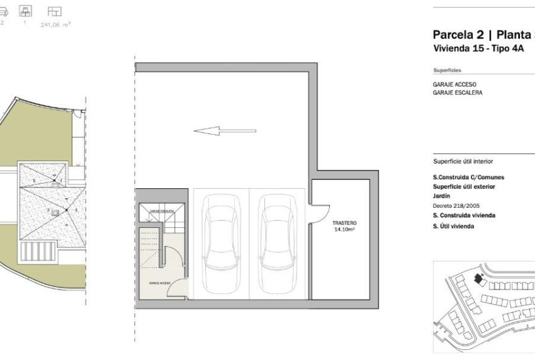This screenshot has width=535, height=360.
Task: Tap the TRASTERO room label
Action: tap(344, 223)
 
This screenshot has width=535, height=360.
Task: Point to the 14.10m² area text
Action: tap(344, 230)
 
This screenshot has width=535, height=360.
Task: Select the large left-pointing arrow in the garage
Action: tap(224, 131)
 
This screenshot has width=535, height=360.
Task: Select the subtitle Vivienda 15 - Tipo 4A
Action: tap(478, 48)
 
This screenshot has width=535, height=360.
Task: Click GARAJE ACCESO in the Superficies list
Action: tap(454, 84)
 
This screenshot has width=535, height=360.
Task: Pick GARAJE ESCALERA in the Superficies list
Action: tap(458, 93)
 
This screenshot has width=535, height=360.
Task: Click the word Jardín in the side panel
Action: tap(442, 196)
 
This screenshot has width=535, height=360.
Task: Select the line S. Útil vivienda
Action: tap(453, 226)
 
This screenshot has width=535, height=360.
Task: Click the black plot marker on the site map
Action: tap(478, 278)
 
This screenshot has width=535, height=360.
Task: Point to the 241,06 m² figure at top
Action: tap(55, 26)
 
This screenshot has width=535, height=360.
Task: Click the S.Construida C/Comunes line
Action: tap(468, 177)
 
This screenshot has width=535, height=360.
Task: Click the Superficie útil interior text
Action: tap(463, 161)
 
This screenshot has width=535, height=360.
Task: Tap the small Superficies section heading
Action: tap(447, 70)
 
